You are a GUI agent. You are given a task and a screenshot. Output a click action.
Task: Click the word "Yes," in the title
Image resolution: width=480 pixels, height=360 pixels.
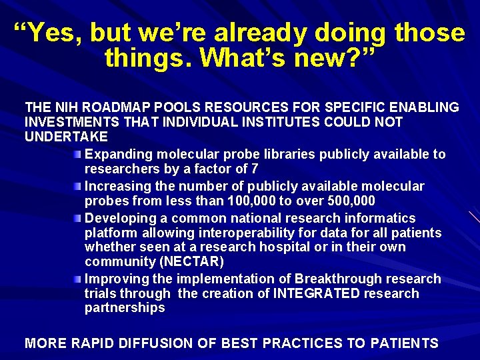point(49,33)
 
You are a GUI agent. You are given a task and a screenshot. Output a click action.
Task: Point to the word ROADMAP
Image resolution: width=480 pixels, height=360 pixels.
point(117,107)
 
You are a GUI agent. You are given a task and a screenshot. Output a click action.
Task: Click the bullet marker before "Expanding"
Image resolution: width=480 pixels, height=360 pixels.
point(78,155)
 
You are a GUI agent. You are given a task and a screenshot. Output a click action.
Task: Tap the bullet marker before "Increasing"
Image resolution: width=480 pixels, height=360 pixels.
point(78,187)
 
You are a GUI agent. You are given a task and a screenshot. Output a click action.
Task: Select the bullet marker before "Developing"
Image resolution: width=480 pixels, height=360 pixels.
point(78,219)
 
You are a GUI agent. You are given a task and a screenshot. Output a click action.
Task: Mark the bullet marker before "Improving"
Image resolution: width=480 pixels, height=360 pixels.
point(78,279)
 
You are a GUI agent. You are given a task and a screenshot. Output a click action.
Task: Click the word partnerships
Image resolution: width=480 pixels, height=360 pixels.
point(125,308)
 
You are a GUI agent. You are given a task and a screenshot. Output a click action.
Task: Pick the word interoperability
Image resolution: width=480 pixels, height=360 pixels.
point(235,233)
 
